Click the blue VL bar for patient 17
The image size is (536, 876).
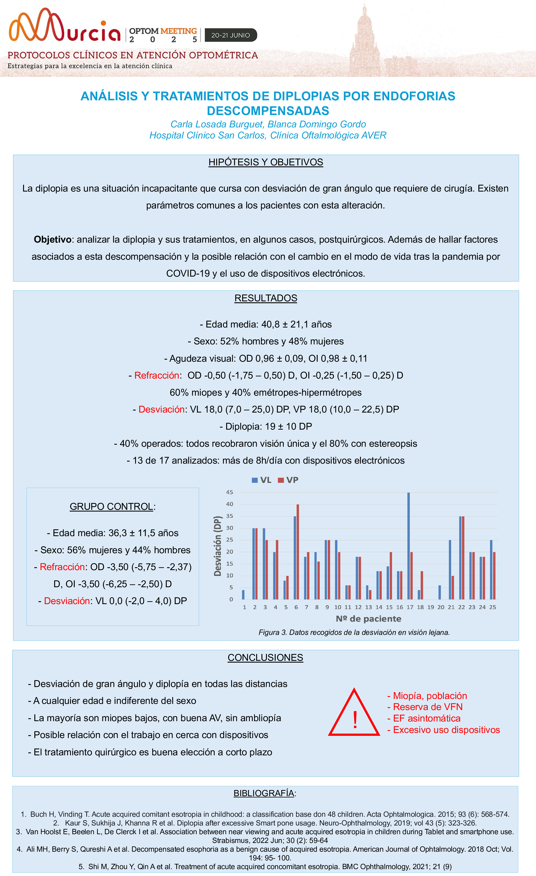tap(408, 546)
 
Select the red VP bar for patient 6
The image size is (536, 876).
tap(298, 552)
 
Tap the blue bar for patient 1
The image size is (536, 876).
tap(243, 594)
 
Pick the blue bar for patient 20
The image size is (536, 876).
tap(440, 592)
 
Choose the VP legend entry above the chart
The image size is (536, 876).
tap(288, 480)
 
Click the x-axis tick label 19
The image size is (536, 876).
tap(430, 607)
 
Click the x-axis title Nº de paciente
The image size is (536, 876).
tap(369, 619)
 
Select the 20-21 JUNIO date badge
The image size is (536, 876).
tap(231, 35)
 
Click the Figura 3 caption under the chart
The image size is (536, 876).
tap(354, 632)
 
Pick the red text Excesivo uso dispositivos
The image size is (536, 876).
tap(444, 730)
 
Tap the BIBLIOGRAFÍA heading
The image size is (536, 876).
tap(264, 793)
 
